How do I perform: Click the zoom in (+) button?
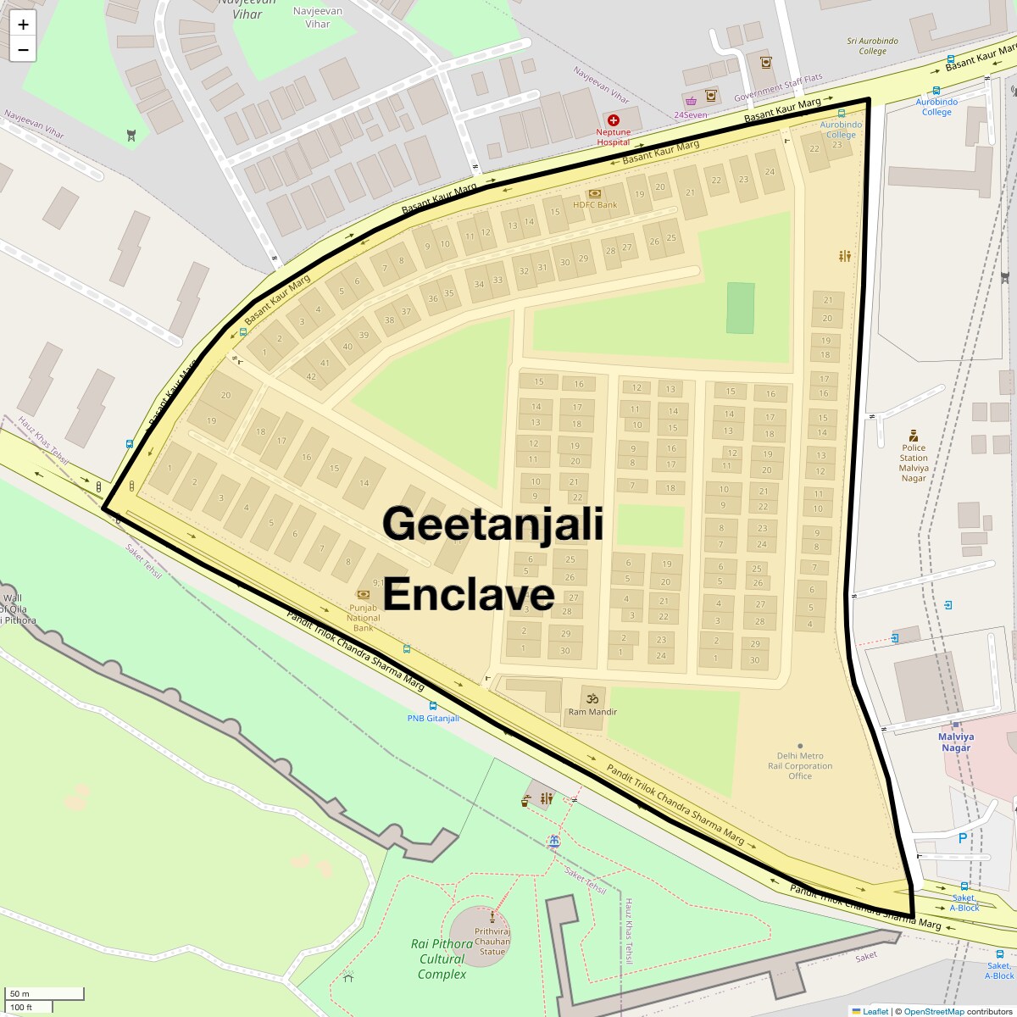click(x=23, y=24)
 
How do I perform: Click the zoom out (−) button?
click(x=23, y=50)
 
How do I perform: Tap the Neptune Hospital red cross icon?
click(x=613, y=120)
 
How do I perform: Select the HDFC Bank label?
click(x=595, y=204)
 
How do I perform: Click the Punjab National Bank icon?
click(x=364, y=595)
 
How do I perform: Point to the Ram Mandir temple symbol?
click(x=592, y=698)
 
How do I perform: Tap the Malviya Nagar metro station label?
click(x=955, y=742)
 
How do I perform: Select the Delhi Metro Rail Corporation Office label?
click(x=800, y=765)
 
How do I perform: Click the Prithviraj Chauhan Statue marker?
click(x=492, y=915)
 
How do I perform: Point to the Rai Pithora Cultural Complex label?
click(x=442, y=959)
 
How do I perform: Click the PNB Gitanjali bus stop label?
click(x=433, y=718)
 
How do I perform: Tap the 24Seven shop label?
click(x=690, y=114)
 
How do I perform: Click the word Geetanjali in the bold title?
click(x=492, y=523)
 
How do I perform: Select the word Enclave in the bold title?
click(x=469, y=594)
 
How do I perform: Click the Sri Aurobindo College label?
click(x=872, y=46)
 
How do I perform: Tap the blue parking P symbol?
click(x=962, y=838)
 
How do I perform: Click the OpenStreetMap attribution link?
click(x=933, y=1011)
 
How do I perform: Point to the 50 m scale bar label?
click(x=19, y=993)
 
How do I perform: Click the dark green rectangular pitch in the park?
click(x=740, y=308)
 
